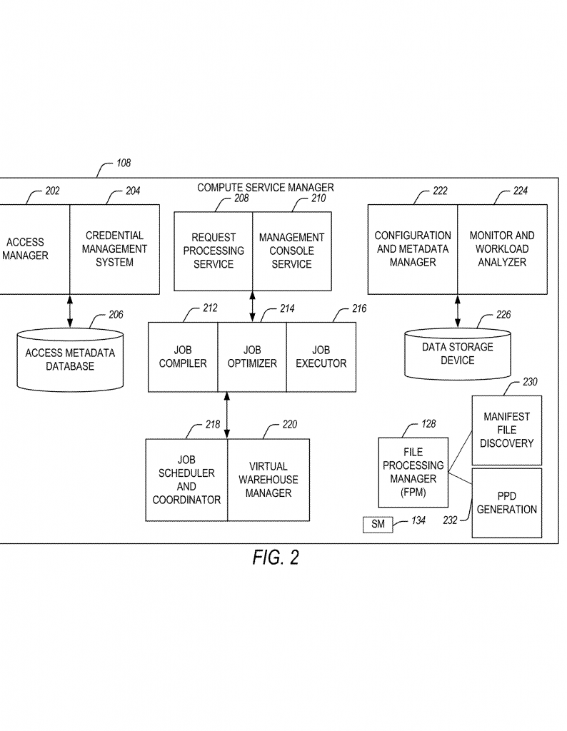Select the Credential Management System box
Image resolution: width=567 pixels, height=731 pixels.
point(114,249)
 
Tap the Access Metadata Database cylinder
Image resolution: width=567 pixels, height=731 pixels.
point(70,360)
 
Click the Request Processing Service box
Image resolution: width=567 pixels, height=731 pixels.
point(214,251)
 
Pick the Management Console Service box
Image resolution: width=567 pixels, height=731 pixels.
point(292,251)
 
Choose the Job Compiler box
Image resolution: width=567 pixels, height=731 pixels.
point(183,357)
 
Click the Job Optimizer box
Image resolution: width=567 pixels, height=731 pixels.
point(252,357)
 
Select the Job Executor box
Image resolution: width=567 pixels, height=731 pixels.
point(321,357)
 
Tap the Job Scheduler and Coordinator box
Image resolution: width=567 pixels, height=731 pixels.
point(186,480)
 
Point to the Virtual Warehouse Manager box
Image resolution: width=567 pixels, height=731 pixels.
point(269,480)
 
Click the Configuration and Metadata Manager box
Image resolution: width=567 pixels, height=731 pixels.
point(413,249)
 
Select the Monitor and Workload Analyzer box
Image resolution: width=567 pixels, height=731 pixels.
point(502,249)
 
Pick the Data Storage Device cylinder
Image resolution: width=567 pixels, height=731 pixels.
point(458,355)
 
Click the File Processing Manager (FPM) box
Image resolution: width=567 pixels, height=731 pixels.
point(413,472)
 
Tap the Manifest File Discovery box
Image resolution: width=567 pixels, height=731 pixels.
point(507,430)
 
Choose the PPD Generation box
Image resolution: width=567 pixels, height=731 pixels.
point(507,503)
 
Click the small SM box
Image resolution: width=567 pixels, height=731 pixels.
point(378,525)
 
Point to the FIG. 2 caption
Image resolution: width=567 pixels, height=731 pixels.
point(276,558)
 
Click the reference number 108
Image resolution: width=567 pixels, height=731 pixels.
point(124,163)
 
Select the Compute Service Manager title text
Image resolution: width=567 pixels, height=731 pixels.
point(265,188)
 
